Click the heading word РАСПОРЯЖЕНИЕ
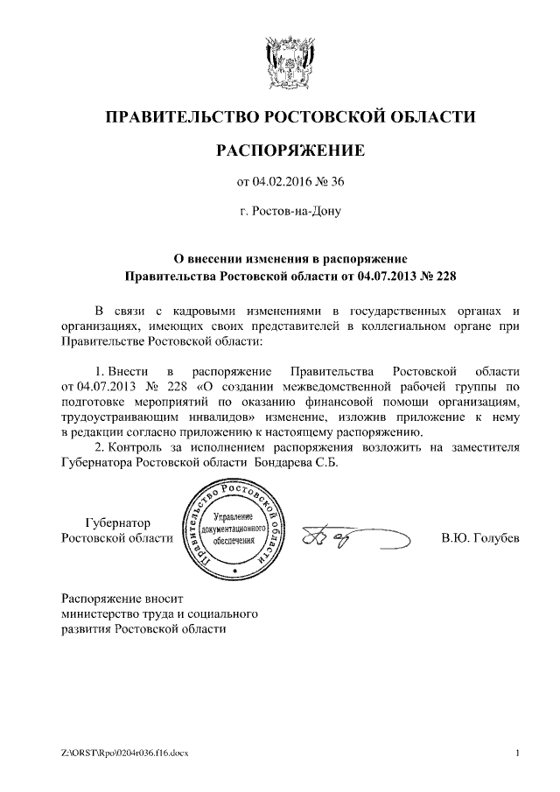290,151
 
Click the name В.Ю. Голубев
479,537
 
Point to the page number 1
518,753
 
